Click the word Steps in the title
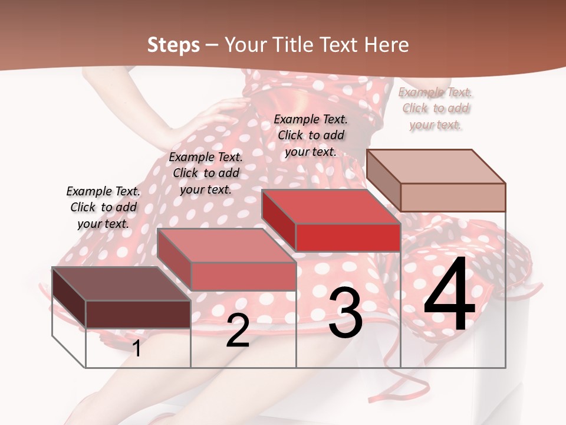pos(173,45)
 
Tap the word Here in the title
pos(386,45)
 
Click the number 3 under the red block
pos(345,313)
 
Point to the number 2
pos(238,331)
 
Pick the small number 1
pos(137,348)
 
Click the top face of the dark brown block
pos(121,284)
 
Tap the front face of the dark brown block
pos(138,314)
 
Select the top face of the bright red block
pos(330,207)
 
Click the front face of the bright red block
pos(348,237)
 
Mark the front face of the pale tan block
pos(453,197)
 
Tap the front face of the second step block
pos(243,276)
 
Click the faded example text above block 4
pos(435,109)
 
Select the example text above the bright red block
pos(311,135)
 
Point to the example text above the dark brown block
pos(103,207)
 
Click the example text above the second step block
pos(206,173)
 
